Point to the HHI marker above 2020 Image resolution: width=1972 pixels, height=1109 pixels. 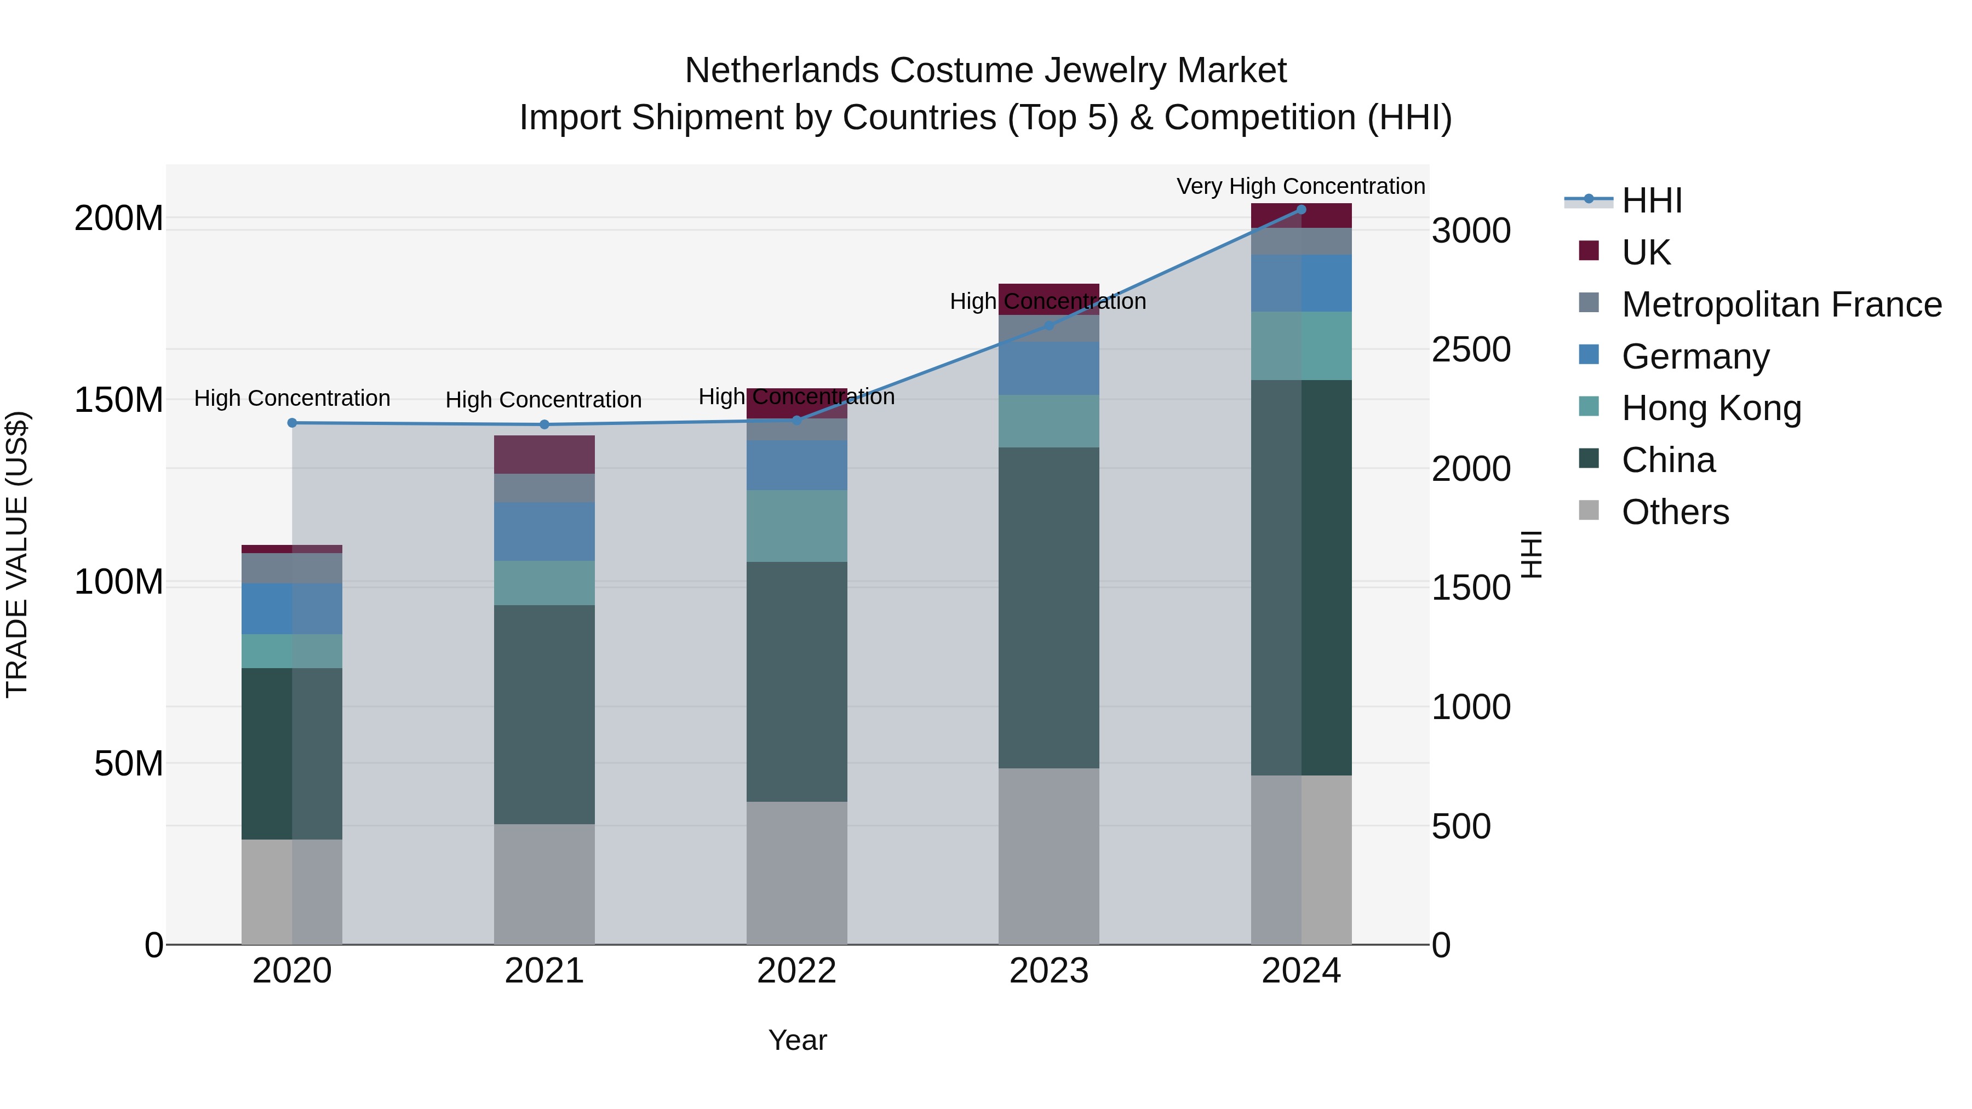click(291, 422)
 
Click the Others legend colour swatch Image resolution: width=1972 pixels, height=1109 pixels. click(1589, 510)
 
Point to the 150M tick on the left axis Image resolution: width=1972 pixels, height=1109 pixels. click(119, 400)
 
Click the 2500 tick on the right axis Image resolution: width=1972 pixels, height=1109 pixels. click(1471, 350)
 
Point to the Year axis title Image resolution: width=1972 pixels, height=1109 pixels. click(797, 1040)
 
